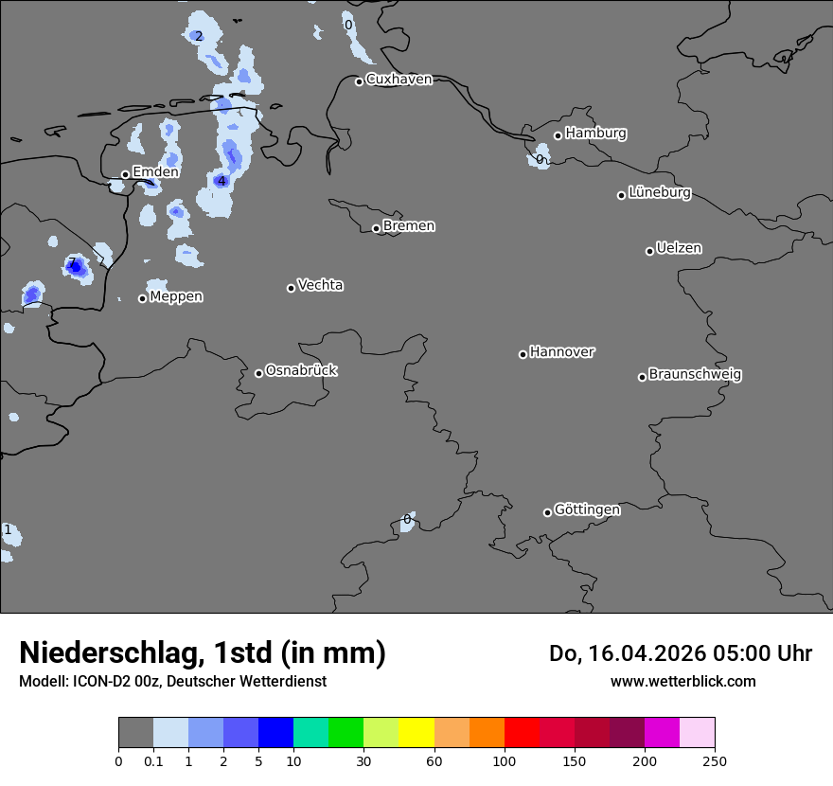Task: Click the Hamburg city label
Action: (x=595, y=134)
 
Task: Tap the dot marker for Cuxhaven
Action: (x=360, y=81)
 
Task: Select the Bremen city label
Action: (x=409, y=226)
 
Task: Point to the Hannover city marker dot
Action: (x=523, y=354)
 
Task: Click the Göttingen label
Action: (x=587, y=510)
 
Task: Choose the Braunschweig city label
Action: (x=695, y=375)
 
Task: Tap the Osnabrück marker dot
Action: (x=258, y=373)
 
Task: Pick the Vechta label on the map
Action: (x=320, y=285)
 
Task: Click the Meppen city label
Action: (x=176, y=296)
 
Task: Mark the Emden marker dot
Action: (x=125, y=174)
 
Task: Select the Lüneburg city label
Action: (x=660, y=193)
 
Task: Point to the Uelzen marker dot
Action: (x=649, y=251)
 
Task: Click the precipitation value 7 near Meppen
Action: (x=72, y=263)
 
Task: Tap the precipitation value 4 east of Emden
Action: (x=222, y=181)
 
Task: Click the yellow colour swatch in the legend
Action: (x=416, y=733)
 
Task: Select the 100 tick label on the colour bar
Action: (x=505, y=760)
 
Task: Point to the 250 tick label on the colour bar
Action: (x=715, y=760)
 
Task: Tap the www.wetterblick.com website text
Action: (x=682, y=681)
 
